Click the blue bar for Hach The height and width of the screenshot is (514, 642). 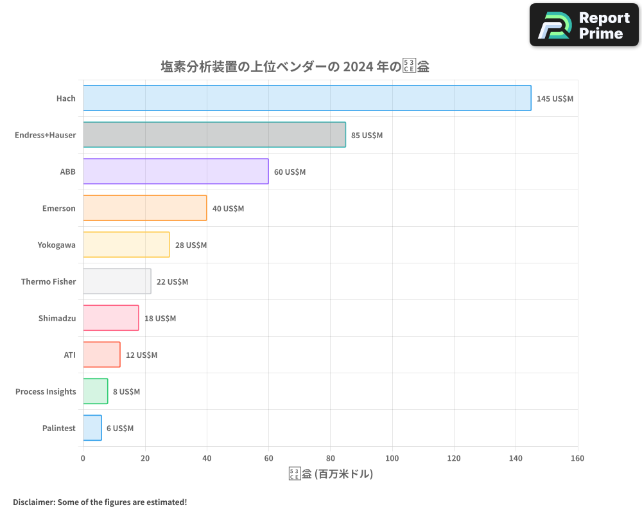coord(307,98)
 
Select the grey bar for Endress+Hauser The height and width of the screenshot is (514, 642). coord(214,135)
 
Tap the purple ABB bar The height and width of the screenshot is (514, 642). coord(175,172)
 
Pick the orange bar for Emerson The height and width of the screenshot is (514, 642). coord(144,208)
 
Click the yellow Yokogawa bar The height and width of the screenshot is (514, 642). coord(126,245)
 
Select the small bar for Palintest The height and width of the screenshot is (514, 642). coord(92,428)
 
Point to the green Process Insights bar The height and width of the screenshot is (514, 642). coord(96,391)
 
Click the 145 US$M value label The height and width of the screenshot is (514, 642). coord(555,99)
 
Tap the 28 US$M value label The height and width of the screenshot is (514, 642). coord(191,245)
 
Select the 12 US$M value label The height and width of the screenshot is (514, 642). coord(141,355)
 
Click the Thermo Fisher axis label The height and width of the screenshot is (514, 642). coord(48,281)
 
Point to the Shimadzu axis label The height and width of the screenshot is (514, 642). coord(56,318)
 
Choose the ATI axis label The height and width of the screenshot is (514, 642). coord(69,355)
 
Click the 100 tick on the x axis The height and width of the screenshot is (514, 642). coord(392,458)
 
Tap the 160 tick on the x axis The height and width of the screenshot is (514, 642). coord(577,458)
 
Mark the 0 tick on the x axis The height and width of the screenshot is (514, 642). coord(83,458)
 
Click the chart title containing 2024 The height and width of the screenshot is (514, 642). coord(295,66)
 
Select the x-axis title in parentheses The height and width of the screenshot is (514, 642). coord(331,474)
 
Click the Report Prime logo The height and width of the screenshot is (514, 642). coord(584,25)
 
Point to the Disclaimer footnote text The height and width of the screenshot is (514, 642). coord(100,502)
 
